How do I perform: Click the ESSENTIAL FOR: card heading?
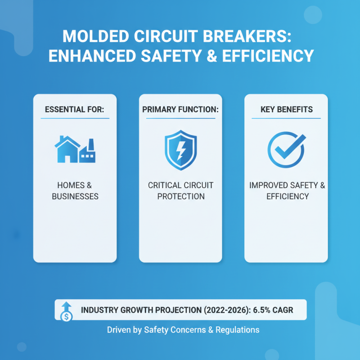[x=75, y=110]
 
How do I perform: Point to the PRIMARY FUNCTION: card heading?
[x=180, y=110]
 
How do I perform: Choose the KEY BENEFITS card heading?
[x=286, y=110]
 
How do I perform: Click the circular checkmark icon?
[x=286, y=149]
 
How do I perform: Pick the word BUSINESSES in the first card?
[x=75, y=196]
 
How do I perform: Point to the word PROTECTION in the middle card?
[x=180, y=196]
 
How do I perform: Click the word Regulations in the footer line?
[x=237, y=330]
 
